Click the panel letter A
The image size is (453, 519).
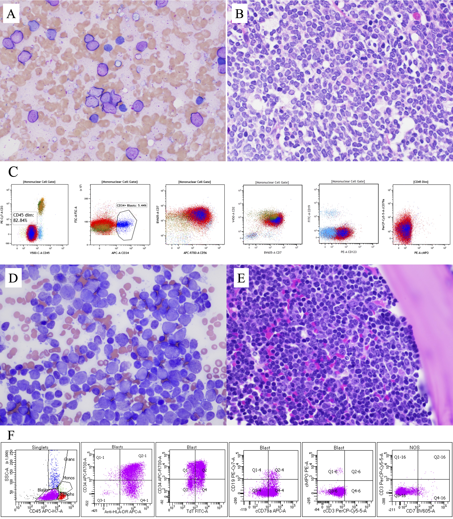coord(11,14)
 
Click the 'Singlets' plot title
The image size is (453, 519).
coord(40,447)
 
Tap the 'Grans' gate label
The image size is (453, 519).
coord(69,459)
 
